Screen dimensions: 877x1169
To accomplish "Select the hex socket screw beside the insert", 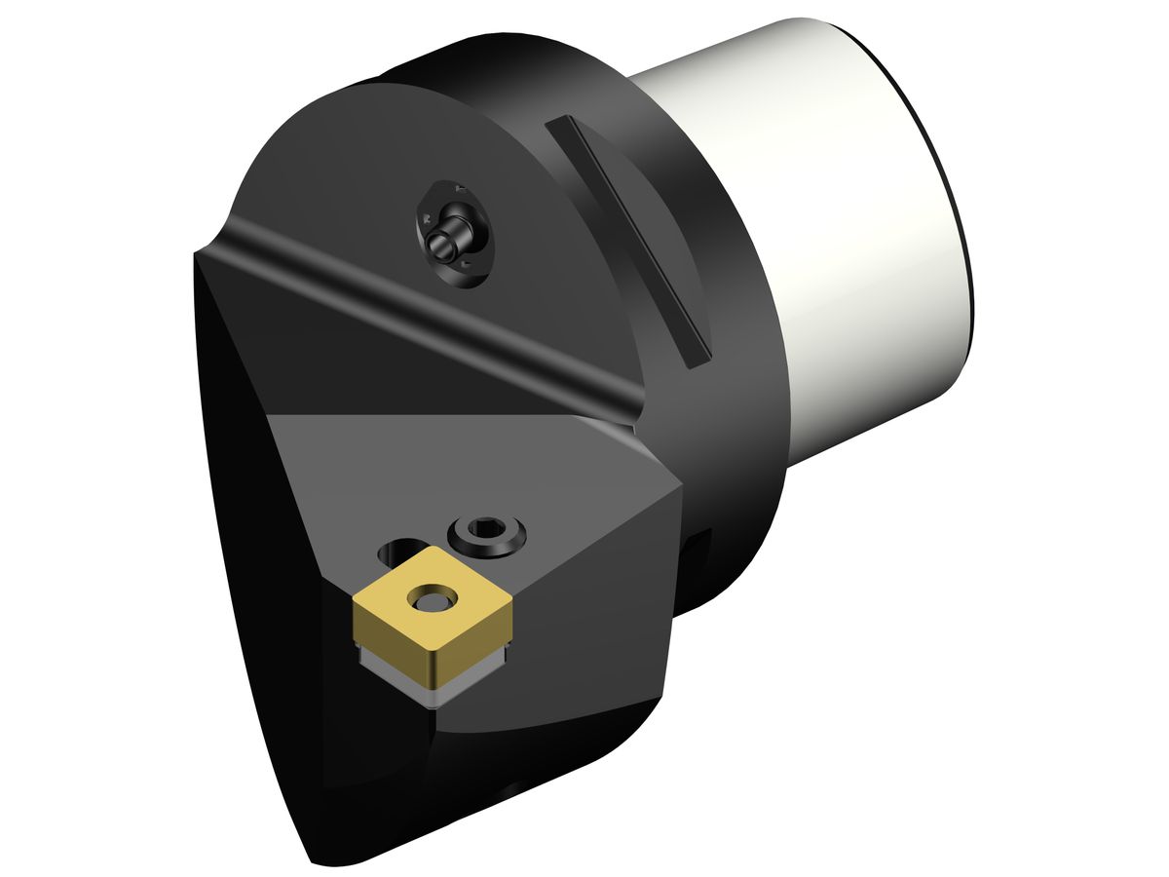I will pyautogui.click(x=487, y=533).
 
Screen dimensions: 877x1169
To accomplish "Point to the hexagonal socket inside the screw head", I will pyautogui.click(x=486, y=530).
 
